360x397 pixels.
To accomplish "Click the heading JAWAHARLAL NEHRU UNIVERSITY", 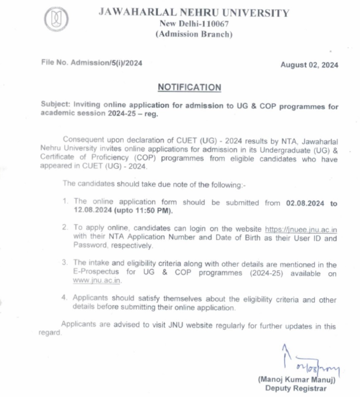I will pos(193,13).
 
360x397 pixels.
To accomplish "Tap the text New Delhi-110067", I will pos(194,24).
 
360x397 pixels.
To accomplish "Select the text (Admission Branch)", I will pos(194,34).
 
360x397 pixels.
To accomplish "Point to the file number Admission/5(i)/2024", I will pos(107,63).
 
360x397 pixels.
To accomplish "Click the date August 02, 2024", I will pos(309,65).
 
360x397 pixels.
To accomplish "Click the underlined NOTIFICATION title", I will pos(189,88).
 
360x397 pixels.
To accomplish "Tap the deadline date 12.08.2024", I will pos(91,211).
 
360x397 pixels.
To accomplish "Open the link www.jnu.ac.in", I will pos(97,281).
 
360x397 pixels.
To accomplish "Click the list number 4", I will pos(64,298).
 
